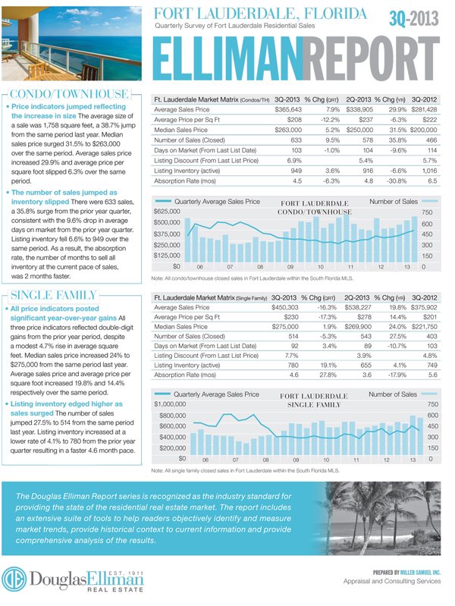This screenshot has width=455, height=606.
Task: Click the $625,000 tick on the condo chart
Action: pyautogui.click(x=168, y=210)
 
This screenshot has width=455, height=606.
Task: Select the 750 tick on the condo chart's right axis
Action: pyautogui.click(x=427, y=212)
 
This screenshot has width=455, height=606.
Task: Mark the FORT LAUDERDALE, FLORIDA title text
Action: pyautogui.click(x=259, y=14)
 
